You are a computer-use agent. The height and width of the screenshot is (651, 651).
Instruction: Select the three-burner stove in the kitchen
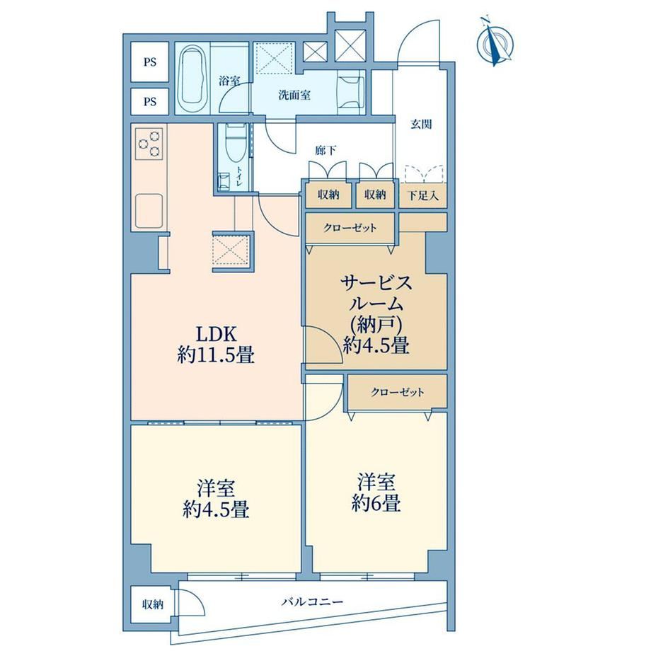click(149, 143)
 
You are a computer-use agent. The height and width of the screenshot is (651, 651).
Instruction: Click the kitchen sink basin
click(149, 211)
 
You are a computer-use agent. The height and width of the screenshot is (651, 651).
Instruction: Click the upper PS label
click(150, 62)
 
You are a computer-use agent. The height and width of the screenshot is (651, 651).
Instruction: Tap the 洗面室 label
click(294, 95)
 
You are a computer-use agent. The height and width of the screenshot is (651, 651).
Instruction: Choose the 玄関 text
click(421, 124)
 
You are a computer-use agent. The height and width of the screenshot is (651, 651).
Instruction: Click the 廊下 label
click(325, 150)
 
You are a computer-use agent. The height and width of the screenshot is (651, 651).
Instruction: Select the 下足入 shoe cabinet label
click(422, 195)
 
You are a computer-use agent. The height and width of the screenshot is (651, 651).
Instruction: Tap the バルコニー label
click(312, 601)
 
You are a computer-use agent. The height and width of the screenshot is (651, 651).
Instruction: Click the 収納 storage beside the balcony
click(152, 604)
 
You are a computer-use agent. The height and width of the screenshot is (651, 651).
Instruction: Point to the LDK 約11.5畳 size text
click(216, 345)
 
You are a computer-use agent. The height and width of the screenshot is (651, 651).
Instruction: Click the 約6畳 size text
click(376, 504)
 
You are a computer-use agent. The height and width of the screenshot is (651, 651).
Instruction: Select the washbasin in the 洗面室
click(351, 95)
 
